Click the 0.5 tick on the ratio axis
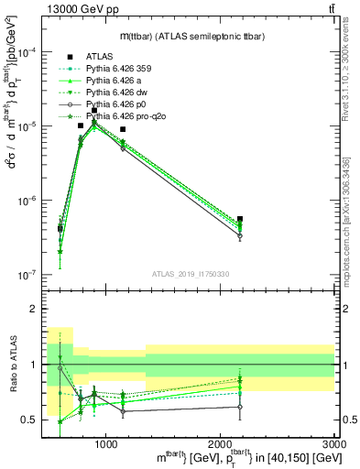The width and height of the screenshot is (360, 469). click(36, 420)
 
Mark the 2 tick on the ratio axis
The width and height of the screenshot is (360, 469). click(38, 310)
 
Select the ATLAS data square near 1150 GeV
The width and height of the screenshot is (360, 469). click(123, 129)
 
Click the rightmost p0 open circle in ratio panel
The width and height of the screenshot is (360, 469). click(240, 407)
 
